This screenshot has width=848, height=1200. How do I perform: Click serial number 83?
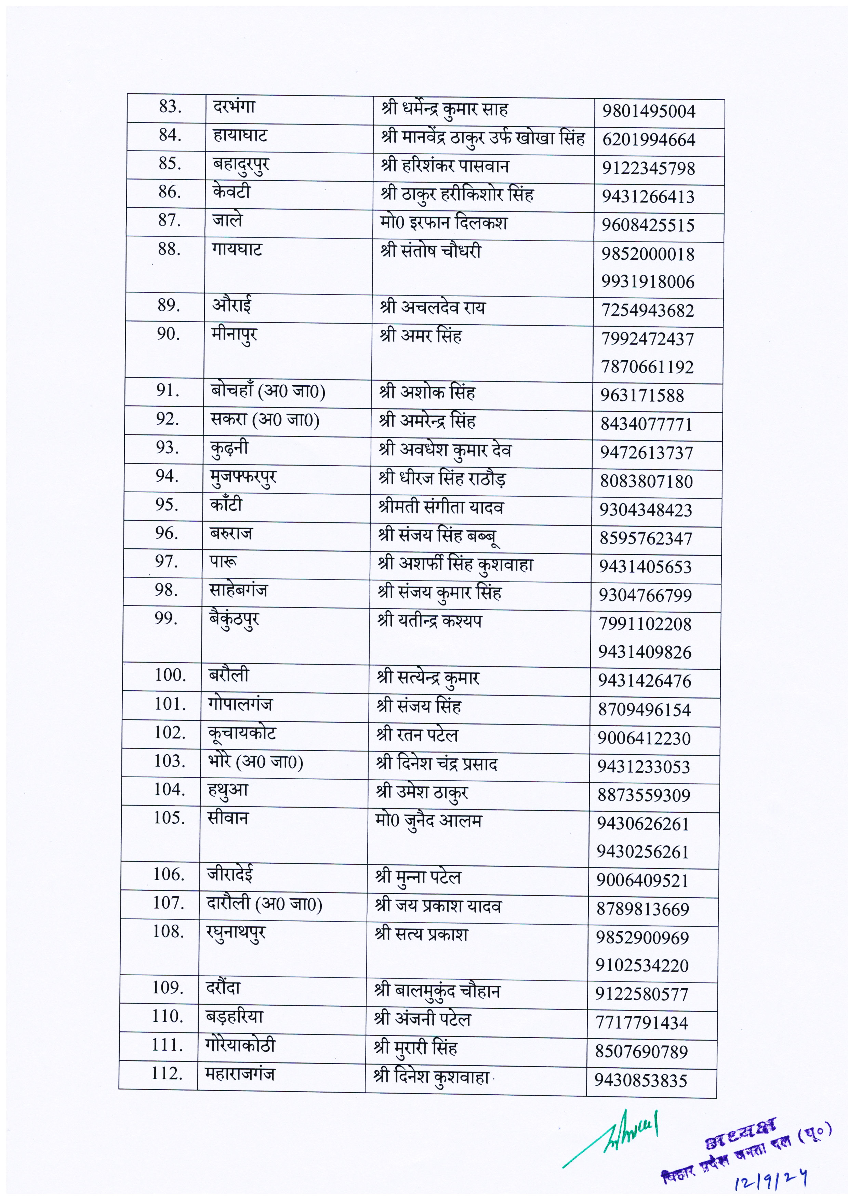(170, 107)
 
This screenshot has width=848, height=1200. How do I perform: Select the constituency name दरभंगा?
(234, 107)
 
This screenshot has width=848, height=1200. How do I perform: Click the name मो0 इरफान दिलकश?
(443, 223)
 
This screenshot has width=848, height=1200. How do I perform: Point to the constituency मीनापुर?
(234, 336)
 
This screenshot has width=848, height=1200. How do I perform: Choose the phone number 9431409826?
(645, 652)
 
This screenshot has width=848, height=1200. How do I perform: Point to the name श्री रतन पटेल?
(417, 735)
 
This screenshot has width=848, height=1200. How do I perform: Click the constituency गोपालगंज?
(240, 704)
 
